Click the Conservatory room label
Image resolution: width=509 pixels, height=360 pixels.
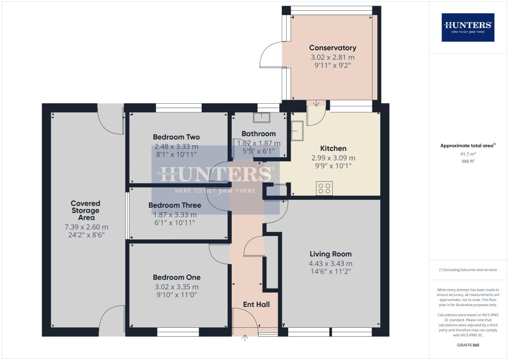click(x=332, y=48)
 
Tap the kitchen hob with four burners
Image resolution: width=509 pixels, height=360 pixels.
click(x=324, y=188)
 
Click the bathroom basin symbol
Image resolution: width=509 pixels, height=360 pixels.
click(x=261, y=118)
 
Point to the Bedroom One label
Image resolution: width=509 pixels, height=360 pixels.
click(x=177, y=277)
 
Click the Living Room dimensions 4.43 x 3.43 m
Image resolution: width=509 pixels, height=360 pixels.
click(x=330, y=263)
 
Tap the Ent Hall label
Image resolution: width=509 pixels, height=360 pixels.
click(x=256, y=304)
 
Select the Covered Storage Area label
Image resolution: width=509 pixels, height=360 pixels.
click(x=86, y=210)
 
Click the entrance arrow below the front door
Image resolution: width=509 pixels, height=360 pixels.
click(x=245, y=338)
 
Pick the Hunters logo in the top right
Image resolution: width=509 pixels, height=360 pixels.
click(x=468, y=27)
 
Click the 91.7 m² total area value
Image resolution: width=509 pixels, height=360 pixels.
click(x=468, y=154)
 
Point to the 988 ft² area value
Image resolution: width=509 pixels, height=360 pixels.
click(x=468, y=161)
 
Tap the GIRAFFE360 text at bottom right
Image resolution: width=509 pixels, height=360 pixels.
click(x=468, y=345)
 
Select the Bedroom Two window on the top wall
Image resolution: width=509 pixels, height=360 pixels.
click(x=179, y=108)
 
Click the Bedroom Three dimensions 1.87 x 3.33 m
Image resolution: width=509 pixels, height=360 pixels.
click(x=175, y=215)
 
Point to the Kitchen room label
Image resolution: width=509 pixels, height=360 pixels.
click(x=333, y=148)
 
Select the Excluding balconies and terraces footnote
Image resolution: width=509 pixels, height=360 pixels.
click(x=468, y=270)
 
